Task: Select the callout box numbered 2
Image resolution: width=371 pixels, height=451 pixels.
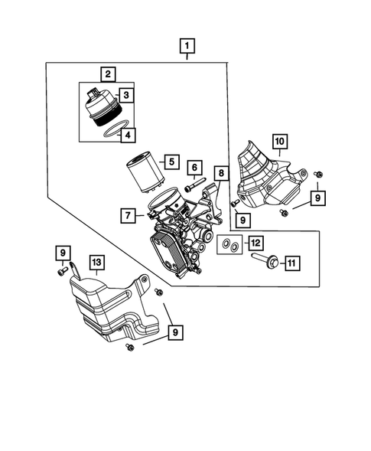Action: coord(109,74)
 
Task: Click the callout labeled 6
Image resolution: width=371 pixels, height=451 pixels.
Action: coord(194,168)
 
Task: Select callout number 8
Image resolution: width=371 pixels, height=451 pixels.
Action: coord(220,174)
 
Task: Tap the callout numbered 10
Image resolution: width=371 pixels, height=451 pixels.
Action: coord(279,141)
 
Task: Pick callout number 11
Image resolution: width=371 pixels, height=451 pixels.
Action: coord(291,263)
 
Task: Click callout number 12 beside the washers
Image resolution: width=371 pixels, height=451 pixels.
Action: coord(255,243)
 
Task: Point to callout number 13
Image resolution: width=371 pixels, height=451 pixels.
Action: coord(96,263)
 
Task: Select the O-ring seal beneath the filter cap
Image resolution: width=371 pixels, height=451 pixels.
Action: coord(112,134)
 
